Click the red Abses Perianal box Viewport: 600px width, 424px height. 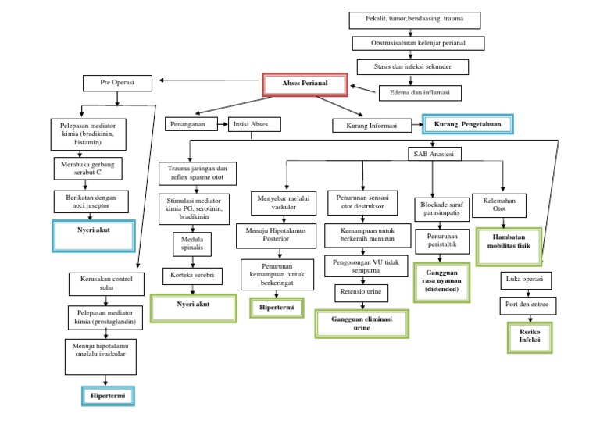point(304,83)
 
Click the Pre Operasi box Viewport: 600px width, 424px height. point(117,82)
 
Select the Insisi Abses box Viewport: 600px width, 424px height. point(253,124)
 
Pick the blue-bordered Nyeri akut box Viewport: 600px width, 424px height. point(94,233)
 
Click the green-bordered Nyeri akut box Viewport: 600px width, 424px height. point(193,308)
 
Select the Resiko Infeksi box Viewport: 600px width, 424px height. point(530,335)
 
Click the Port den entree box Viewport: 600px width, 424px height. point(527,305)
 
